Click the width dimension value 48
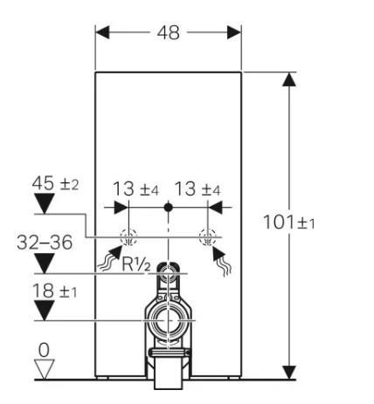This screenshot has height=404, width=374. pyautogui.click(x=168, y=32)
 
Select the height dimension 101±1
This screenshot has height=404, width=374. pyautogui.click(x=288, y=222)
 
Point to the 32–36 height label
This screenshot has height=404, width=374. pyautogui.click(x=44, y=242)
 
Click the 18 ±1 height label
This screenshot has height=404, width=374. pyautogui.click(x=54, y=291)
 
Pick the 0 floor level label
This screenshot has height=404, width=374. pyautogui.click(x=44, y=349)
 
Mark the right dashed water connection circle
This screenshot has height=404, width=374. pyautogui.click(x=207, y=236)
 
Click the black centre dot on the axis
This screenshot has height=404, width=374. pyautogui.click(x=168, y=209)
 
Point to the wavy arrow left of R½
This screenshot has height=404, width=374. pyautogui.click(x=111, y=259)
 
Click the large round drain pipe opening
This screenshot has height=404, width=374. pyautogui.click(x=168, y=320)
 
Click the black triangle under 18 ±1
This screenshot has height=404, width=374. pyautogui.click(x=44, y=312)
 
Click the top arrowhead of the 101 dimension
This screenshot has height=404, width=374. pyautogui.click(x=289, y=79)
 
